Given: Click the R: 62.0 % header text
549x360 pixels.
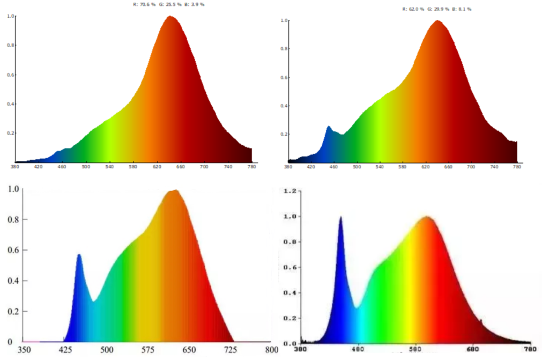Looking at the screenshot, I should (x=414, y=9).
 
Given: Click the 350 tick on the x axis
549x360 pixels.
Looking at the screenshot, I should (x=24, y=350).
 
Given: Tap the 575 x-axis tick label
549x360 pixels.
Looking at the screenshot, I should (x=147, y=350).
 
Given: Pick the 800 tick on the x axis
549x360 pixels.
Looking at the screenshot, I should (x=271, y=350).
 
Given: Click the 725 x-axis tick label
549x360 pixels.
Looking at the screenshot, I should (x=230, y=350).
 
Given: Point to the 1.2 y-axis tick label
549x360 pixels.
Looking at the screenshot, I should (x=290, y=190).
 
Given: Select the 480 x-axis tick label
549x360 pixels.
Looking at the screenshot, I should (x=358, y=349).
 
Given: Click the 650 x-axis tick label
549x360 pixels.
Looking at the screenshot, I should (x=189, y=350).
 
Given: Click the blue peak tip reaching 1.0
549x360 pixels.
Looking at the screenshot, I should (x=340, y=217).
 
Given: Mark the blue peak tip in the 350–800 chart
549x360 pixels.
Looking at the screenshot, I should (x=79, y=255).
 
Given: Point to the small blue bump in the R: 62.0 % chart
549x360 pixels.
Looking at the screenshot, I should (x=329, y=127).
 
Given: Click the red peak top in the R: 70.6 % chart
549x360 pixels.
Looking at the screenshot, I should (x=170, y=17).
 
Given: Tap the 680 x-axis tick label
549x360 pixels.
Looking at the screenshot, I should (x=474, y=349).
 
